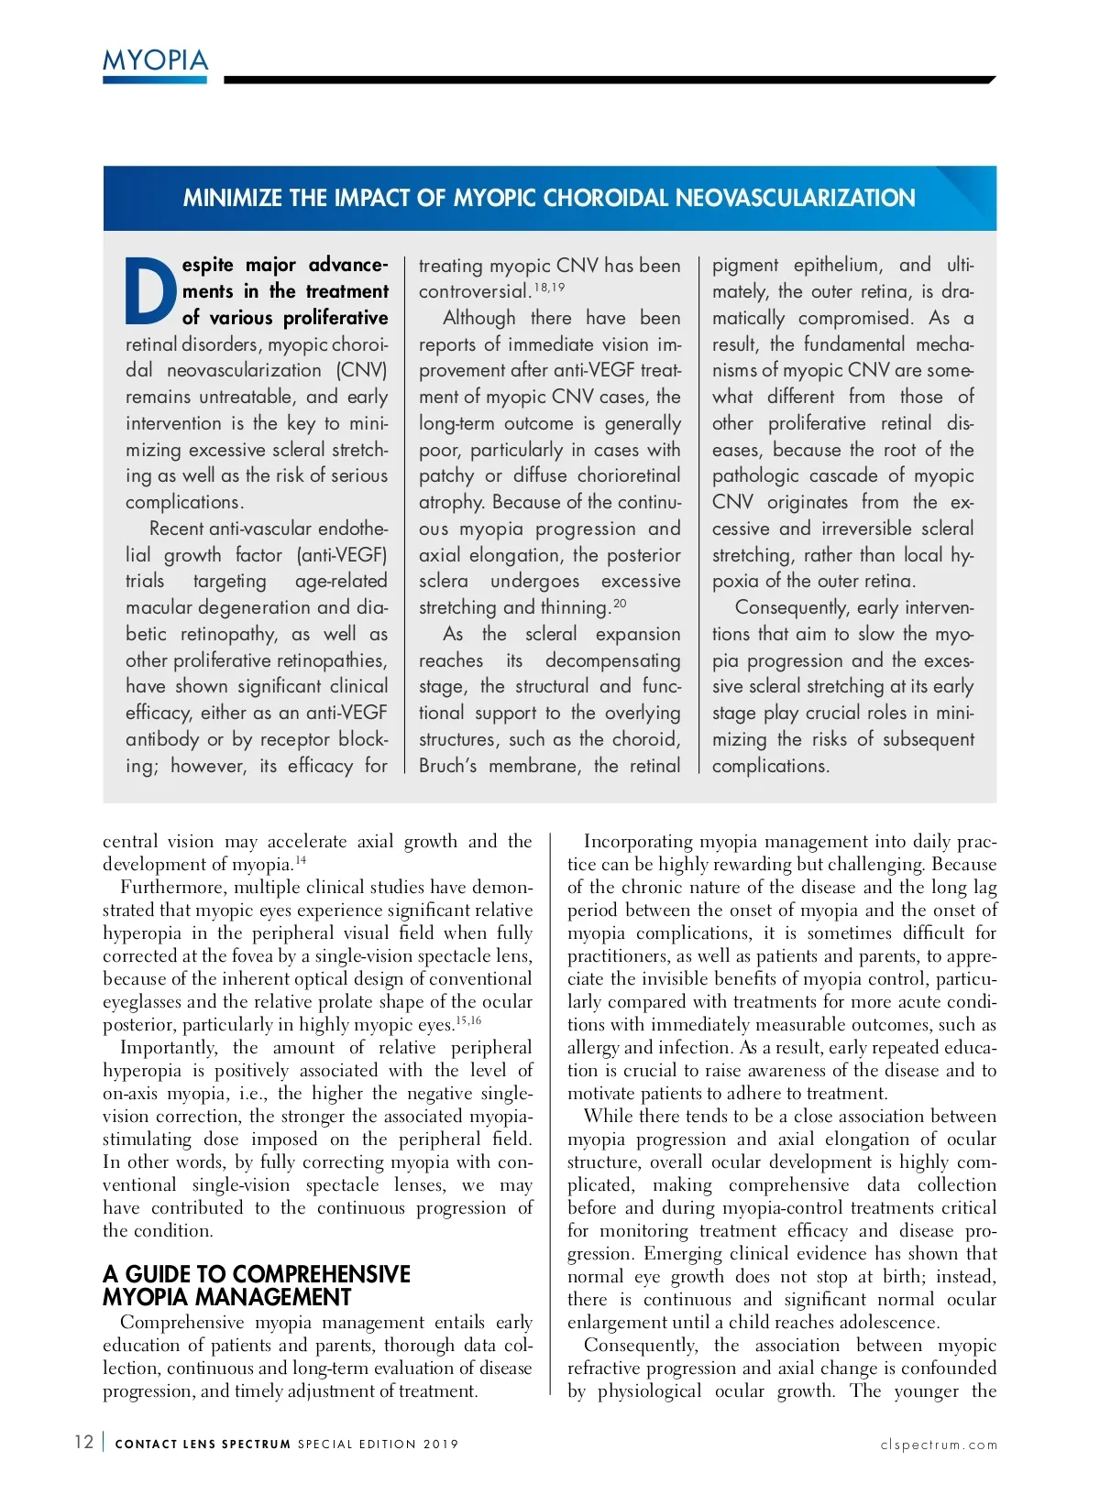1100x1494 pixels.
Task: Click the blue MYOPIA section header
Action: [x=155, y=60]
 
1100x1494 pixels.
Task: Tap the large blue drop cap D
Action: [x=150, y=291]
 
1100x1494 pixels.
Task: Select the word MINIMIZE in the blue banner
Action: [x=233, y=198]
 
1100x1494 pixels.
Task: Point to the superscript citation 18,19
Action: [x=549, y=287]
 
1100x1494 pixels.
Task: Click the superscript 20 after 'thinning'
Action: [x=620, y=603]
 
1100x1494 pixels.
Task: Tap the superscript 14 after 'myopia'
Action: [x=301, y=860]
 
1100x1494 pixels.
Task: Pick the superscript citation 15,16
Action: [x=468, y=1020]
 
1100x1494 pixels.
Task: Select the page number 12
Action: [x=83, y=1442]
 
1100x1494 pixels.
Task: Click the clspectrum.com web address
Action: [x=939, y=1445]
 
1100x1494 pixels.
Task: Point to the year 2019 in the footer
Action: [x=440, y=1445]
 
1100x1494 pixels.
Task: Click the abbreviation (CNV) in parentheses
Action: [x=361, y=370]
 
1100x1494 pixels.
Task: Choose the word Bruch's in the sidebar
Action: [x=447, y=766]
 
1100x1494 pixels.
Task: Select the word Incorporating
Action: [x=638, y=841]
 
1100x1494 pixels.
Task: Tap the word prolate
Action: [x=367, y=1001]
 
